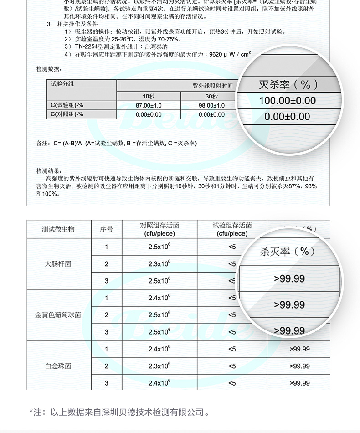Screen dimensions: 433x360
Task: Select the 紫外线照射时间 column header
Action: point(212,86)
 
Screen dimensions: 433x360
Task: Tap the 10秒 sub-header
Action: point(149,96)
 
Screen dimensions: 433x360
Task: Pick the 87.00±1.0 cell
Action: point(149,105)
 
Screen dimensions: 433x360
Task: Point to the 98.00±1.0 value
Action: point(211,105)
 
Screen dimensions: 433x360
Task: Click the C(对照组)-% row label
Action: point(67,114)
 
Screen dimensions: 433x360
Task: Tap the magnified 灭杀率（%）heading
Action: point(288,84)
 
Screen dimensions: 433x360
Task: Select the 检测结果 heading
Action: point(48,171)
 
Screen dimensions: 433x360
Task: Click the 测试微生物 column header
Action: point(58,229)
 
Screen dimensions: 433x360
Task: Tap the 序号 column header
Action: point(106,229)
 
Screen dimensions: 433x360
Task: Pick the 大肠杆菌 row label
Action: point(58,264)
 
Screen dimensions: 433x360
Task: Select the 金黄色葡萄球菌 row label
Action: point(58,315)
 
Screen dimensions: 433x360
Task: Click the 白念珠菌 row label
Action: point(58,366)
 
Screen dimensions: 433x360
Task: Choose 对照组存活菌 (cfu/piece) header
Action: point(159,229)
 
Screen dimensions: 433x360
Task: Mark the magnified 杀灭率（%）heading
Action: point(288,252)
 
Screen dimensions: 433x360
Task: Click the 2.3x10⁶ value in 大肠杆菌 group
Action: point(159,264)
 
